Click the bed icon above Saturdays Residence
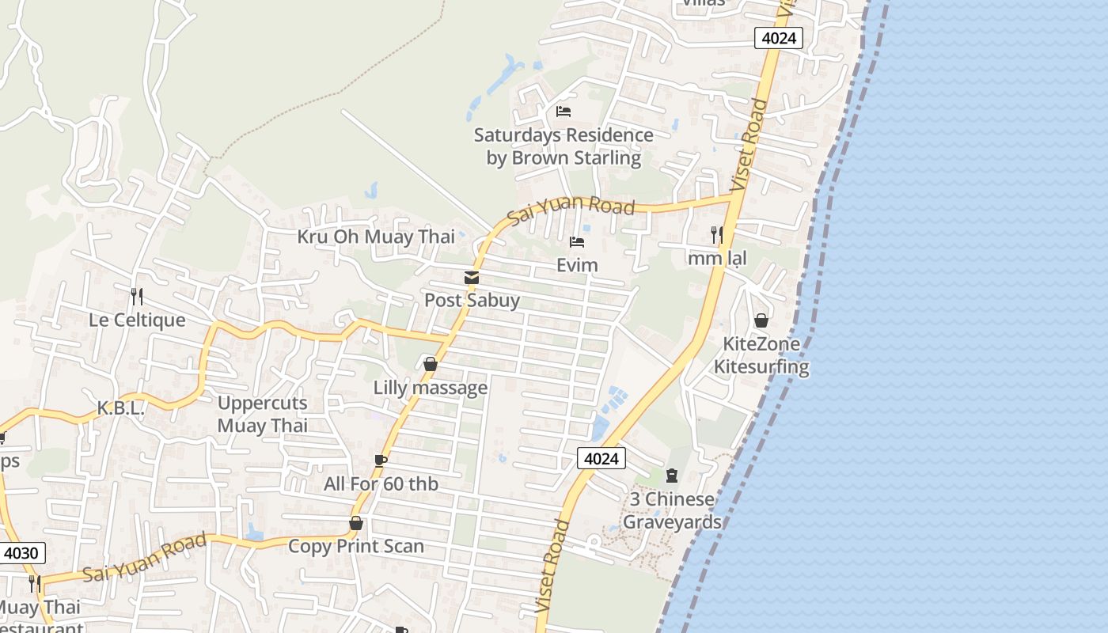tap(563, 112)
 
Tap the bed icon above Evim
tap(577, 241)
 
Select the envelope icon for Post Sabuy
tap(472, 278)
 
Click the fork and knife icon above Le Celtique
tap(137, 297)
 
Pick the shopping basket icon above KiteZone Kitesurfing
tap(761, 320)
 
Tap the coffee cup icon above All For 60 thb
tap(380, 461)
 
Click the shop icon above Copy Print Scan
tap(356, 523)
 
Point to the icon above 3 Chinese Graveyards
tap(672, 476)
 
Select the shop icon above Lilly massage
tap(431, 364)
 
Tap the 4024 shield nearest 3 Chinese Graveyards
tap(601, 458)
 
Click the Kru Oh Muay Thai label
tap(376, 237)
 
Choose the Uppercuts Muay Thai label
tap(262, 414)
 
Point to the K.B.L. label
tap(120, 408)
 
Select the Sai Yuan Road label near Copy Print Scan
tap(144, 557)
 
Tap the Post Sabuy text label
tap(472, 300)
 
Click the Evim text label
tap(577, 264)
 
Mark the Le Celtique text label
tap(137, 320)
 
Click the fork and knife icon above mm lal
tap(716, 234)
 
